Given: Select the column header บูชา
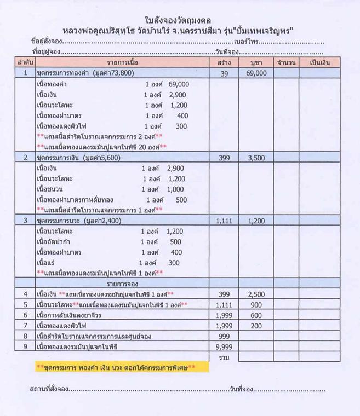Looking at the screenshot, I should [255, 63].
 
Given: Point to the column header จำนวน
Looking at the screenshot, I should [287, 63].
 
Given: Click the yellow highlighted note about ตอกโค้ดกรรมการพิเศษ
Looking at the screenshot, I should [115, 367].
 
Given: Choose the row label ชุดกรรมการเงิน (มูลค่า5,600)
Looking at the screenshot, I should [78, 158].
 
